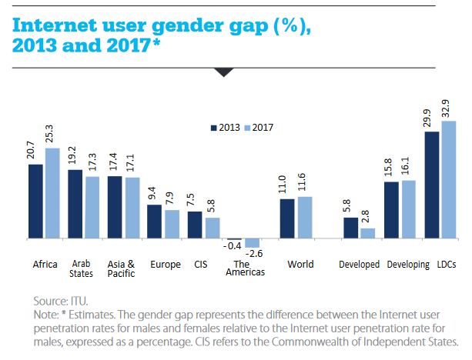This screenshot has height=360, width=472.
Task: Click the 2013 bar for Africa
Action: pyautogui.click(x=35, y=202)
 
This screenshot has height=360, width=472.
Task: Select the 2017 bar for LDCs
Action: pyautogui.click(x=448, y=180)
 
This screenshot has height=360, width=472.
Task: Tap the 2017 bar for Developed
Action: pyautogui.click(x=368, y=234)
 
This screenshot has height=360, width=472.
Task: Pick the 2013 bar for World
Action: pyautogui.click(x=286, y=219)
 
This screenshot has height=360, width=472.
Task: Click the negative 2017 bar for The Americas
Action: pyautogui.click(x=252, y=243)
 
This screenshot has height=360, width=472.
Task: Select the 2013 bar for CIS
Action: pyautogui.click(x=195, y=225)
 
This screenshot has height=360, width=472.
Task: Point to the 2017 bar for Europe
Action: pyautogui.click(x=173, y=225)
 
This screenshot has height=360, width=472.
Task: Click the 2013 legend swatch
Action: pyautogui.click(x=214, y=128)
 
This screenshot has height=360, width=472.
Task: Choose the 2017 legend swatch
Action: pyautogui.click(x=249, y=128)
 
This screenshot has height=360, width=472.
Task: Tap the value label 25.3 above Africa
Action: pyautogui.click(x=52, y=133)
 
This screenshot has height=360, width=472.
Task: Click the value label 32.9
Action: pyautogui.click(x=448, y=106)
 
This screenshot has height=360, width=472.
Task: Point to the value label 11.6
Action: pyautogui.click(x=305, y=183)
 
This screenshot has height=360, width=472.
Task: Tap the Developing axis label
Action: pyautogui.click(x=408, y=265)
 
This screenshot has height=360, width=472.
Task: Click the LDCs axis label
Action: pyautogui.click(x=447, y=265)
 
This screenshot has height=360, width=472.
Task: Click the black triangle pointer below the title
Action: pyautogui.click(x=223, y=72)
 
